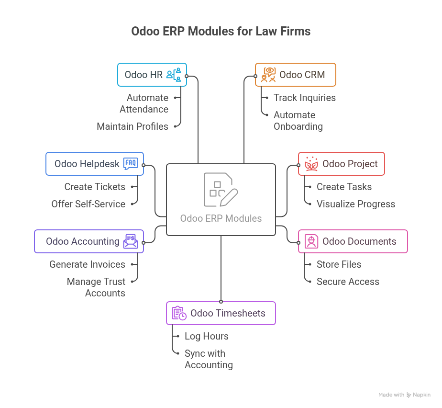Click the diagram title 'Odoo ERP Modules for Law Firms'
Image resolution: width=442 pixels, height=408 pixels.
click(221, 32)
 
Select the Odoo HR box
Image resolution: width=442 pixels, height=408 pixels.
click(152, 75)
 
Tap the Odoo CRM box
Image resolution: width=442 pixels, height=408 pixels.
click(296, 75)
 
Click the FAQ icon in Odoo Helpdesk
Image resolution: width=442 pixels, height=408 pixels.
click(131, 164)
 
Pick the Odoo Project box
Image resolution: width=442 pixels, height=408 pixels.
click(341, 164)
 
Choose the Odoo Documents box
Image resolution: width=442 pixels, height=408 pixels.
click(353, 241)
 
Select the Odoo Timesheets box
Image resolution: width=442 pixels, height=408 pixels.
click(221, 313)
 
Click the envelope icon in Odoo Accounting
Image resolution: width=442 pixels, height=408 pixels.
click(131, 241)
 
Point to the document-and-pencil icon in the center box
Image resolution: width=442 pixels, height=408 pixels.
click(221, 190)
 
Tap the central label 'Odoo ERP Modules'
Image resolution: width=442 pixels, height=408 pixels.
click(221, 218)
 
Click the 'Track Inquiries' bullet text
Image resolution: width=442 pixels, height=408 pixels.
click(305, 98)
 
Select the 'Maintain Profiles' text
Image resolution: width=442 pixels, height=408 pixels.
click(133, 126)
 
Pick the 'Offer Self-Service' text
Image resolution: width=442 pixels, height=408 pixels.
click(88, 204)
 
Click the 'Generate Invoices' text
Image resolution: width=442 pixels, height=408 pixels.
click(87, 264)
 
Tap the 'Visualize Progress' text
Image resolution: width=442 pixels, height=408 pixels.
click(356, 204)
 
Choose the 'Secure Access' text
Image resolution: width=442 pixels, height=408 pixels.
click(348, 282)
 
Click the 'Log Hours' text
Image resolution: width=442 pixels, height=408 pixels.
click(207, 336)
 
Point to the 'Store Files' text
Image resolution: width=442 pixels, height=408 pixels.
click(339, 264)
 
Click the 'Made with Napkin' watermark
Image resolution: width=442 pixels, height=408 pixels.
click(404, 395)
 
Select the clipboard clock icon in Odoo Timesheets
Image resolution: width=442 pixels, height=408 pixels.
click(179, 313)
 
